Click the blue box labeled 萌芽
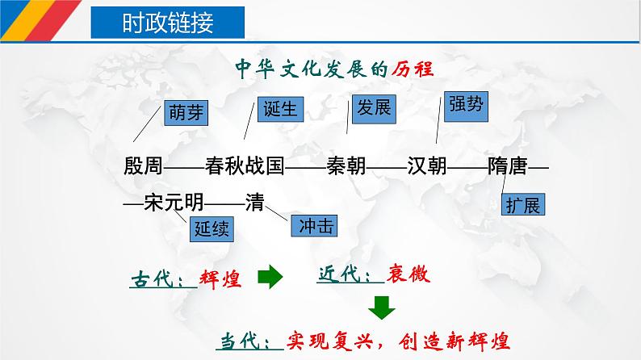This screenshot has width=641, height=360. click(x=186, y=113)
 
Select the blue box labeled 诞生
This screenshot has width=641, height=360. click(x=280, y=109)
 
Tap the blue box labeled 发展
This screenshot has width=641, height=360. click(x=374, y=109)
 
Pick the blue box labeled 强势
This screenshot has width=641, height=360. click(x=466, y=107)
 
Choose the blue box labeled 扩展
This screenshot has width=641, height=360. click(x=523, y=204)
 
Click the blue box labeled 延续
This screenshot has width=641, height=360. click(x=212, y=228)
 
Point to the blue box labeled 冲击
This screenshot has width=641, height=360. click(x=314, y=225)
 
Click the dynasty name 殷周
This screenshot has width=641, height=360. click(x=143, y=166)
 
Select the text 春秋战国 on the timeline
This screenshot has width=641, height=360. click(x=245, y=166)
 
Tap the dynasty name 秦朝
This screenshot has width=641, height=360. click(x=346, y=166)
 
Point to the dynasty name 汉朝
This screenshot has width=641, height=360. click(x=427, y=166)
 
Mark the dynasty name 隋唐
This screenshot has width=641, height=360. click(x=507, y=166)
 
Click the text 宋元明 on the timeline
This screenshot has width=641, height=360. click(x=174, y=202)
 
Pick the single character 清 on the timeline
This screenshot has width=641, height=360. click(x=254, y=202)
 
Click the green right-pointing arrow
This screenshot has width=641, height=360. click(x=270, y=277)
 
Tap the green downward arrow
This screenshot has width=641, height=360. click(x=382, y=308)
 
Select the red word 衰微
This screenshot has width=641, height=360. click(x=408, y=274)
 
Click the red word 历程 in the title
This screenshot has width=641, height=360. click(x=412, y=69)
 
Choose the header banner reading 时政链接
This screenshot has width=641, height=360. click(x=168, y=23)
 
